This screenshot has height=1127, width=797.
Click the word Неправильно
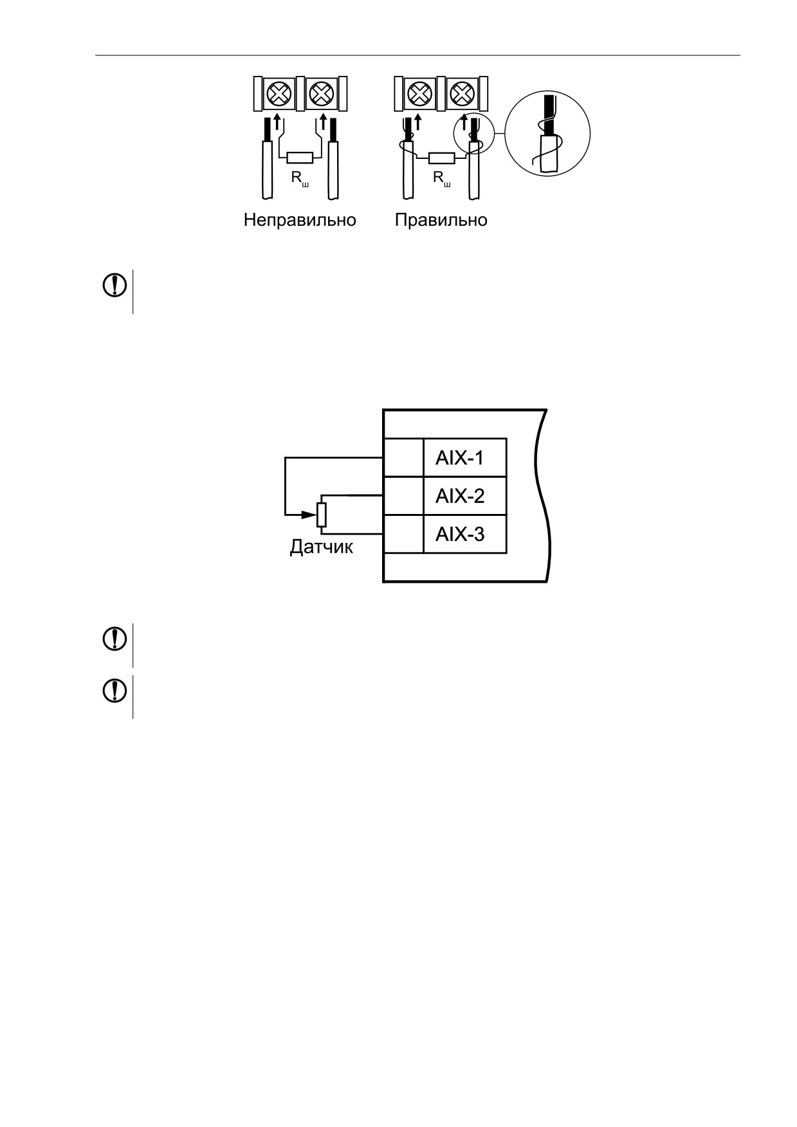[300, 220]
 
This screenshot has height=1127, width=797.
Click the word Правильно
[441, 220]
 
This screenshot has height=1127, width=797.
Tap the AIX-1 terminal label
[460, 458]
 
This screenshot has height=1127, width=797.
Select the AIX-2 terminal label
[460, 496]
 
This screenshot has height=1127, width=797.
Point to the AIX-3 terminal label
[460, 534]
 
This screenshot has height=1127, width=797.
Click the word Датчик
[321, 547]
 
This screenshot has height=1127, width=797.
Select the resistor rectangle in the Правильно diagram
[442, 158]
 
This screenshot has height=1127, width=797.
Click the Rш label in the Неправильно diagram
[300, 178]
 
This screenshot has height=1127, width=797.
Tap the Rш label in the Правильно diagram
[442, 178]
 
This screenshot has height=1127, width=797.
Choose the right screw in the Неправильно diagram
[320, 94]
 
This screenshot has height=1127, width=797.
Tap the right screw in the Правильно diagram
[462, 94]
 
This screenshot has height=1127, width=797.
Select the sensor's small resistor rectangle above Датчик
[322, 515]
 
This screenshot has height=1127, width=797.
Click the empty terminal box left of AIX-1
[403, 458]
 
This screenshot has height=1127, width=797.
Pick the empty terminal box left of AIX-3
[403, 534]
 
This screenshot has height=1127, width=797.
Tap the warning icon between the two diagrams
[115, 286]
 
